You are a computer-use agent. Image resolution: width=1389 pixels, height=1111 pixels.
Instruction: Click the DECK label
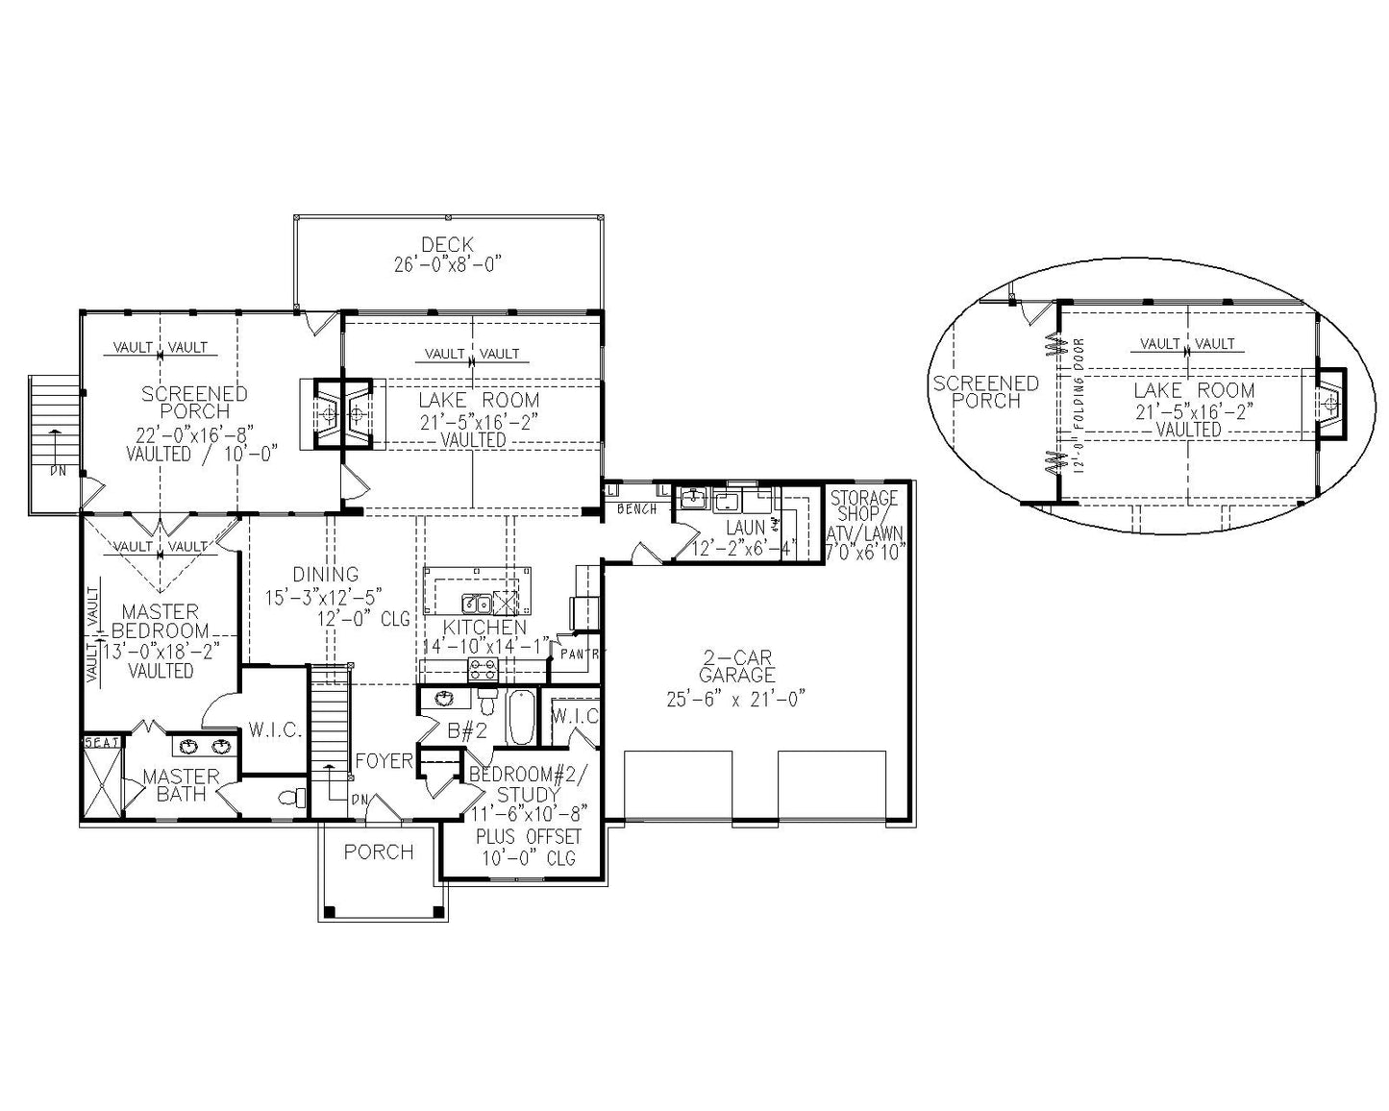click(447, 245)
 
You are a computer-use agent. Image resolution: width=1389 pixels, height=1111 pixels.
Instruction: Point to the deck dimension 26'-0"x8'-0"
click(447, 264)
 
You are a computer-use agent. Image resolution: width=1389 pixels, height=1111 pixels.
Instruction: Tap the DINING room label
click(326, 575)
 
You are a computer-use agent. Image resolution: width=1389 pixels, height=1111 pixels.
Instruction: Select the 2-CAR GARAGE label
click(736, 667)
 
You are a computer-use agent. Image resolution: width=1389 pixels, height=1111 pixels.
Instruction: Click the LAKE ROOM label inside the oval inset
click(1193, 390)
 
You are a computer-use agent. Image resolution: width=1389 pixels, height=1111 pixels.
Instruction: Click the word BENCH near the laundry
click(637, 508)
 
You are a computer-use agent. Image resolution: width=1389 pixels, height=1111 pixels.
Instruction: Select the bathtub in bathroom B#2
click(520, 718)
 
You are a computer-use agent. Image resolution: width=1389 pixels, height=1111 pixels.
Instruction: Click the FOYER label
click(384, 761)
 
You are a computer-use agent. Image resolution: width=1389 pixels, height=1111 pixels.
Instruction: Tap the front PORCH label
click(379, 852)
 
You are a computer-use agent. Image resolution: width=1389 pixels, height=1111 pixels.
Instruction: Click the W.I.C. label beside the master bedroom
click(274, 730)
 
